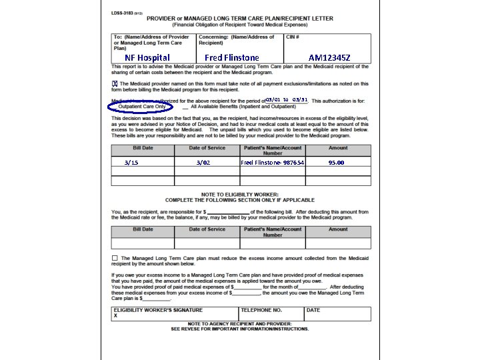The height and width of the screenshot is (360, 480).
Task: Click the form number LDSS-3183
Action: tap(124, 13)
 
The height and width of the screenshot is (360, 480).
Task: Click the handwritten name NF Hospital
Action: tap(147, 58)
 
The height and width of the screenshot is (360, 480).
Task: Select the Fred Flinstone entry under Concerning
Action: tap(231, 58)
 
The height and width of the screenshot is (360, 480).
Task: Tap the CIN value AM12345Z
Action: tap(329, 58)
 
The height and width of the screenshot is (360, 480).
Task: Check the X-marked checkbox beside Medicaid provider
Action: tap(115, 83)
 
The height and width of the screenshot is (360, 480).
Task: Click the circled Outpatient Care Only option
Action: tap(141, 107)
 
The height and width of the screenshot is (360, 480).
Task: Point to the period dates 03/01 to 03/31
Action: tap(287, 99)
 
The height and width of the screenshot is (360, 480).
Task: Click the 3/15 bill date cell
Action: tap(131, 163)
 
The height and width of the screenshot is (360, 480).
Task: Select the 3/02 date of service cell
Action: tap(203, 163)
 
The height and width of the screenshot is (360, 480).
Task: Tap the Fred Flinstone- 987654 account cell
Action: tap(272, 163)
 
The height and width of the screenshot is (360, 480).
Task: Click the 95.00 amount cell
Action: tap(337, 163)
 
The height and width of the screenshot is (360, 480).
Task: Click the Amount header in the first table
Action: tap(338, 148)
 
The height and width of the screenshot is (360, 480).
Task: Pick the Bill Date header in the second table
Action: tap(143, 229)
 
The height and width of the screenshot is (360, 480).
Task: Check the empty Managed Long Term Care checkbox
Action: tap(115, 258)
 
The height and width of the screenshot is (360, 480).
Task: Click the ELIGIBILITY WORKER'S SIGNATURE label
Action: tap(158, 310)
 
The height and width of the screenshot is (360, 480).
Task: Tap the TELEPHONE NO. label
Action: tap(261, 310)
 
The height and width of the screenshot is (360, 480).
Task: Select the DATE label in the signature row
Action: tap(313, 310)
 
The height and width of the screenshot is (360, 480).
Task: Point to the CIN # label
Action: tap(293, 37)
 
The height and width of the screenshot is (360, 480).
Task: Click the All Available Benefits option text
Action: tap(243, 107)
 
